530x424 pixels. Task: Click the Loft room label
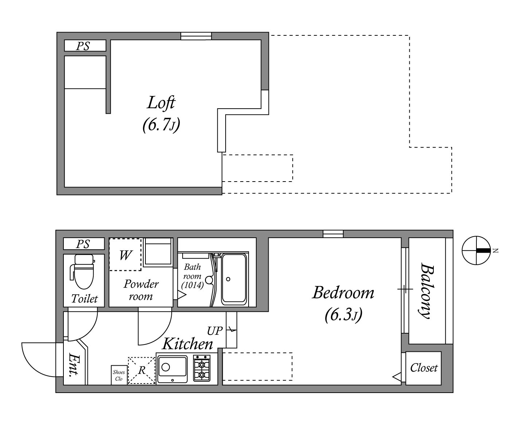(161, 102)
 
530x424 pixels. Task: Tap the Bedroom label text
(343, 293)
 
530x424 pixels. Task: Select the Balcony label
(427, 291)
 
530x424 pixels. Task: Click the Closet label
(424, 368)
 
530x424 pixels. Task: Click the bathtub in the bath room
(234, 279)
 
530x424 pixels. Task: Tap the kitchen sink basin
(172, 369)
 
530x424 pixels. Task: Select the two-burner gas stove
(202, 368)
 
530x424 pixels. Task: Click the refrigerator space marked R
(141, 370)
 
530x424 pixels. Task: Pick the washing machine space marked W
(125, 254)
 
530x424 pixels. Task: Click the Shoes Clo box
(119, 375)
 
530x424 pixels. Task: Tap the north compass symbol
(476, 250)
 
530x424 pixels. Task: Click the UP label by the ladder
(214, 331)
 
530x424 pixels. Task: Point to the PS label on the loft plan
(83, 46)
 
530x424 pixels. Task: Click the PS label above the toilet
(83, 244)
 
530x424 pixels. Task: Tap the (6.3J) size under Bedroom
(343, 316)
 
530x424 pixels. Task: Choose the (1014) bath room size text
(192, 285)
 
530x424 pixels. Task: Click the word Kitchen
(187, 344)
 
